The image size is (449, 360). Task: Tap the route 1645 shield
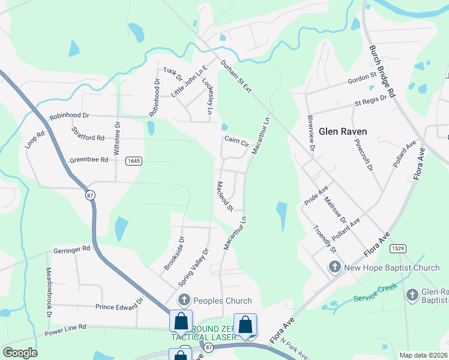click(x=133, y=161)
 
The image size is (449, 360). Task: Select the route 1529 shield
click(x=396, y=248)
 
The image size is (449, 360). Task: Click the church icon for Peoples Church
click(x=184, y=300)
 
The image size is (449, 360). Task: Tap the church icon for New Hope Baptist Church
click(x=335, y=266)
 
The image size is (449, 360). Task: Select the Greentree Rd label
click(x=88, y=160)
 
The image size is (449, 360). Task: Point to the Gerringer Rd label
click(x=71, y=248)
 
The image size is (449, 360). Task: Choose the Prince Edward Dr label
click(x=120, y=306)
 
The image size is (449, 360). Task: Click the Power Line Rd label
click(x=65, y=328)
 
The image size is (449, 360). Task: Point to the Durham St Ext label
click(x=235, y=76)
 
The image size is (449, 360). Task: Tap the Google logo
click(x=20, y=353)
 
